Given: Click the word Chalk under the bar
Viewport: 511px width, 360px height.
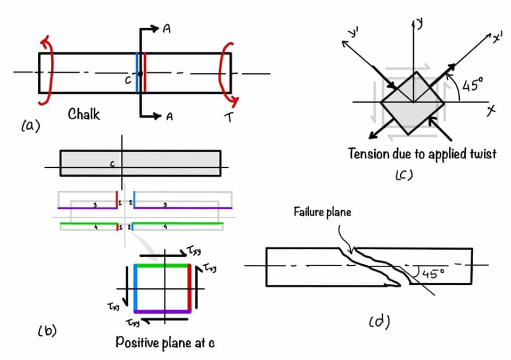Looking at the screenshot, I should (84, 114).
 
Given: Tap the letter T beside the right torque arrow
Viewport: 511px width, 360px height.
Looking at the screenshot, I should (229, 118).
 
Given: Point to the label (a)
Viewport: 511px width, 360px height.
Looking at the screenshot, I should (30, 126).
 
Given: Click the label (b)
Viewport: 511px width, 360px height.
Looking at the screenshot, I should (47, 331).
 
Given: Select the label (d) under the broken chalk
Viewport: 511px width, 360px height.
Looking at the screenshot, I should (379, 321).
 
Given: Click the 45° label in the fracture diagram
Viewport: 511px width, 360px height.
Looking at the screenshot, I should (433, 274).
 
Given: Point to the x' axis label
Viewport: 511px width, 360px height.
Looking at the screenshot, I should (498, 38).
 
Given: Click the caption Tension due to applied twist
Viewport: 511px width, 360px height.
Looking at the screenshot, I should (422, 154).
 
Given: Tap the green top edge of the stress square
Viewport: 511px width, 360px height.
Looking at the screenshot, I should (162, 265).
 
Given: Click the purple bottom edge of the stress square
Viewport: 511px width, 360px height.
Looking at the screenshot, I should (162, 312).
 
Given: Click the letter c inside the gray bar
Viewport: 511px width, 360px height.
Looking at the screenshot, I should (112, 165).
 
